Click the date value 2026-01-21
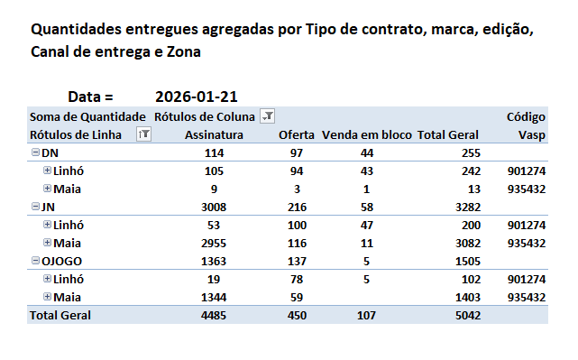tap(196, 97)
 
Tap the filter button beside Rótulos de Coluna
tap(268, 116)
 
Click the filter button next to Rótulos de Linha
tap(143, 134)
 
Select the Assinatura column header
tap(214, 135)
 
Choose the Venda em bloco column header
tap(366, 135)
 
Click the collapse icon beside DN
tap(35, 152)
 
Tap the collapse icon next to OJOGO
tap(35, 261)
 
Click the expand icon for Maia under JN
tap(47, 243)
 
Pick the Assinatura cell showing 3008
tap(214, 208)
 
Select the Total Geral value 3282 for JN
tap(468, 208)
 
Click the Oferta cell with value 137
tap(297, 262)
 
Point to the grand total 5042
tap(468, 316)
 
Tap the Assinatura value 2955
tap(214, 244)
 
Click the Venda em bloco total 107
tap(366, 316)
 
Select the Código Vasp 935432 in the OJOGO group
tap(527, 298)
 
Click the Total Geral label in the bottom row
tap(60, 316)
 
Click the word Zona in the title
tap(184, 52)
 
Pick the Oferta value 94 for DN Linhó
tap(297, 171)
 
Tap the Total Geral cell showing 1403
tap(468, 298)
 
